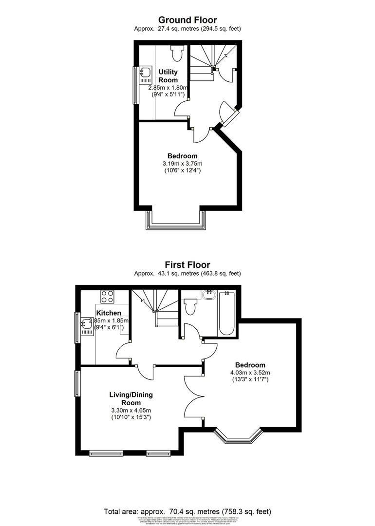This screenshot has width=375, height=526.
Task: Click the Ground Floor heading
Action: tap(187, 20)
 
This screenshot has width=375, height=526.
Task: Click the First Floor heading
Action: tap(187, 265)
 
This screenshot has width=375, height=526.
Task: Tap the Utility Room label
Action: tap(168, 76)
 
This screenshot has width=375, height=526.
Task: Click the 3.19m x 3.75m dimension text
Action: tap(182, 163)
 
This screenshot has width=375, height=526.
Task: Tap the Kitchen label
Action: tap(109, 313)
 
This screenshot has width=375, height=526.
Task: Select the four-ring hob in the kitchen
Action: tap(107, 297)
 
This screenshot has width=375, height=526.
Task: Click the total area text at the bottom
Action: tap(187, 511)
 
